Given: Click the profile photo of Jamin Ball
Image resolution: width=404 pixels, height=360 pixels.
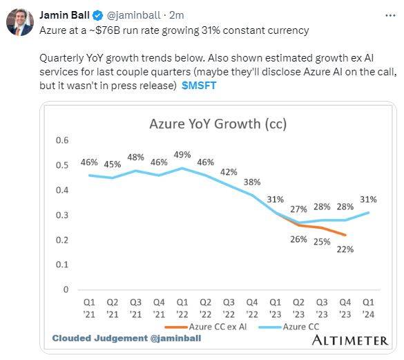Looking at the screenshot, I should click(20, 22).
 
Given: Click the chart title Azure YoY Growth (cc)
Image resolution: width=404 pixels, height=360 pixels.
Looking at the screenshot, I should click(218, 124).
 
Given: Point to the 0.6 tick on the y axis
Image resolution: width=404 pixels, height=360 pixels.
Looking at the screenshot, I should click(63, 140).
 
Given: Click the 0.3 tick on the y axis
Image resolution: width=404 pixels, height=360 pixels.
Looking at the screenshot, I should click(63, 215).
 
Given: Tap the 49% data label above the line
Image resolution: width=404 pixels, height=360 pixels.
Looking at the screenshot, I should click(182, 154).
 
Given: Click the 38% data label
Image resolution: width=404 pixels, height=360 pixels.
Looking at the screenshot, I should click(251, 182).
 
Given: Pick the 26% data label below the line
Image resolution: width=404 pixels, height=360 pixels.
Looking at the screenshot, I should click(298, 239).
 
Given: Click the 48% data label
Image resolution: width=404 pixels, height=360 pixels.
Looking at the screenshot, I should click(136, 157).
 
